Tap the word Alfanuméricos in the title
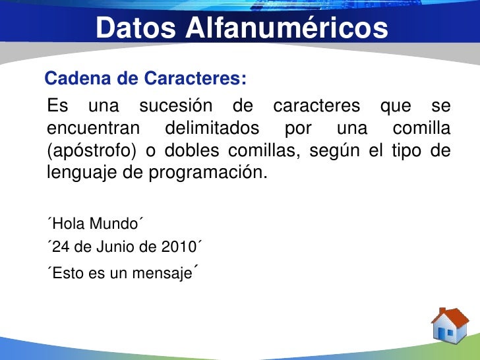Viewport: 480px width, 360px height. [285, 28]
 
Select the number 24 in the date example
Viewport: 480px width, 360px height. [60, 248]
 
